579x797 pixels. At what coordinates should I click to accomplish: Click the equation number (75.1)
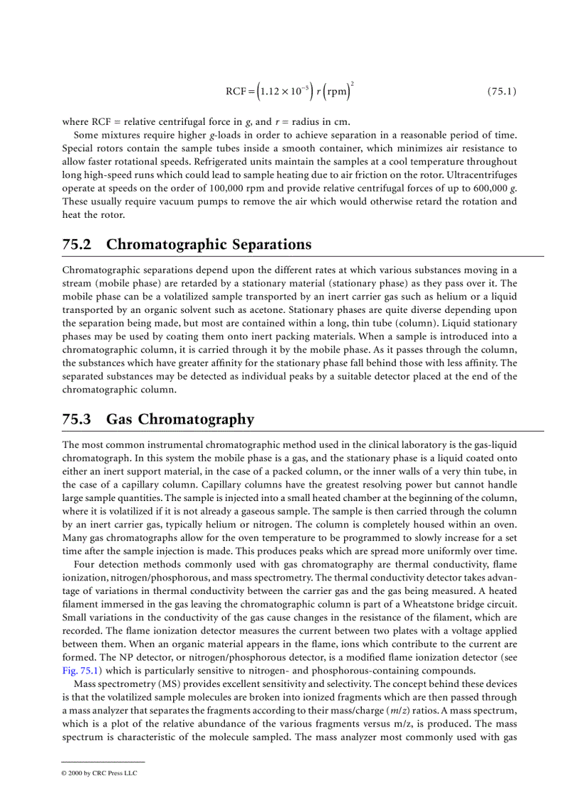coord(501,92)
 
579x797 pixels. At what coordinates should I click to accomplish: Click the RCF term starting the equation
coord(236,92)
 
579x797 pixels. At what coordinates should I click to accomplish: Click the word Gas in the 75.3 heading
coord(120,419)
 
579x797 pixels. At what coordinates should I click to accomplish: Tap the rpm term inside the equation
coord(338,92)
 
